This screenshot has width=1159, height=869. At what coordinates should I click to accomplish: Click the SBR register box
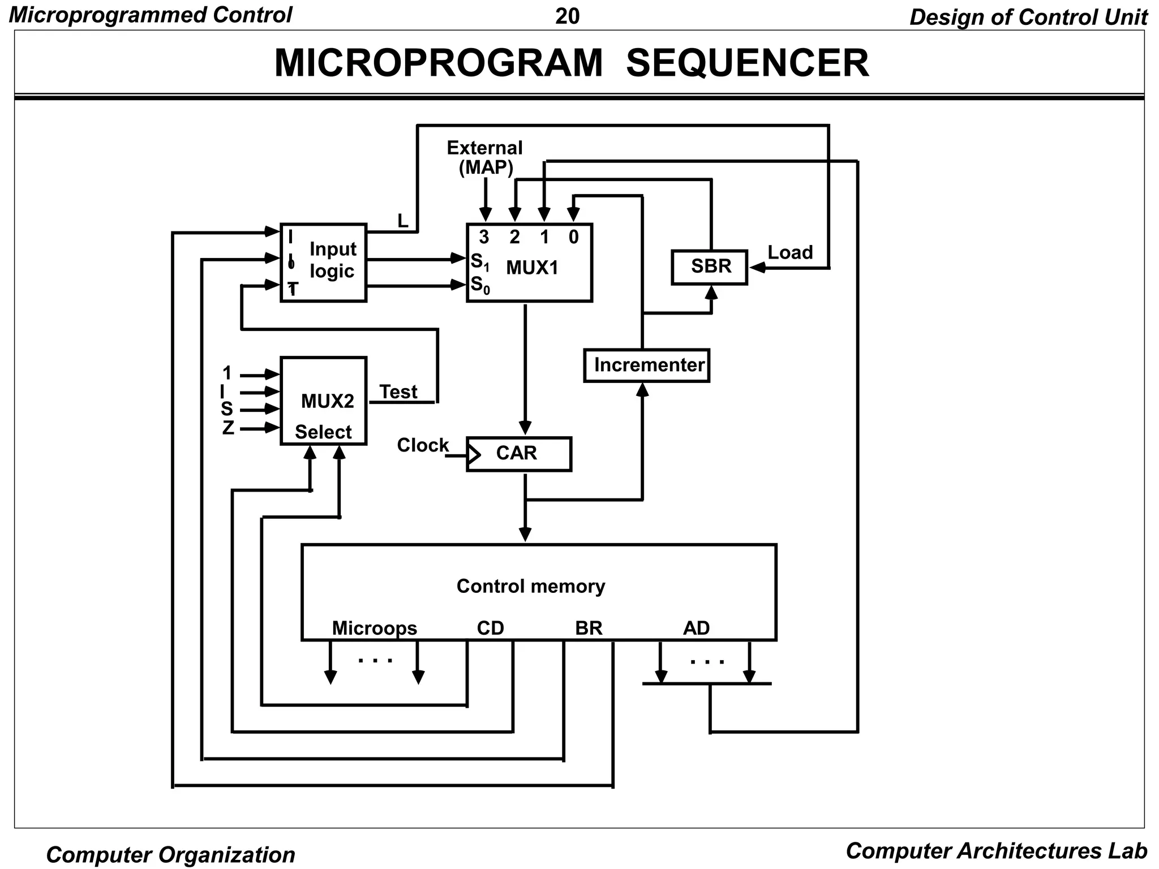coord(710,267)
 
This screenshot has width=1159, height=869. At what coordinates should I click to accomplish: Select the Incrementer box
coord(647,365)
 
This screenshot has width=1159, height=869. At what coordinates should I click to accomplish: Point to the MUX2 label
coord(327,401)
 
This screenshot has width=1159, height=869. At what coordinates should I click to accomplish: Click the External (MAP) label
coord(485,157)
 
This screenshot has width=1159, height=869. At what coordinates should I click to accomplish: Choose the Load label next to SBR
coord(790,252)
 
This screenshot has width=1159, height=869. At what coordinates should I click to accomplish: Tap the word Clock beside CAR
coord(422,445)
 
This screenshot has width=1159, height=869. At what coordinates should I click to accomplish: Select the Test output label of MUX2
coord(398,392)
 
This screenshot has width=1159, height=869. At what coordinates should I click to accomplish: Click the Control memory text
coord(531,586)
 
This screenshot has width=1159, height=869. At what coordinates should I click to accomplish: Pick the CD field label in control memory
coord(490,628)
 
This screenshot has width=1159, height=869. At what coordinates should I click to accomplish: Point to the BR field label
coord(589,628)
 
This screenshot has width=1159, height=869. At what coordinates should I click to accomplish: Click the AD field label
coord(696,628)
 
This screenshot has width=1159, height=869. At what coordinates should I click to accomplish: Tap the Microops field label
coord(374,628)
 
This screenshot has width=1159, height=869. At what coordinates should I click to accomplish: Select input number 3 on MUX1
coord(484,237)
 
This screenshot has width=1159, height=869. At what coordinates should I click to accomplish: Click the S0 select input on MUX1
coord(479,285)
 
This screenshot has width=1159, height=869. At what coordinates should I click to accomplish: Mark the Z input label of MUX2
coord(227,428)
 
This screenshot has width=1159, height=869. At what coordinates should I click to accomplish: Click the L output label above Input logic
coord(402,221)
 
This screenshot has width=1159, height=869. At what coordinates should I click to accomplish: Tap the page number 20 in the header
coord(567,16)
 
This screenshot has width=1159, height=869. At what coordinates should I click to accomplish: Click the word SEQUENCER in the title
coord(747,63)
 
